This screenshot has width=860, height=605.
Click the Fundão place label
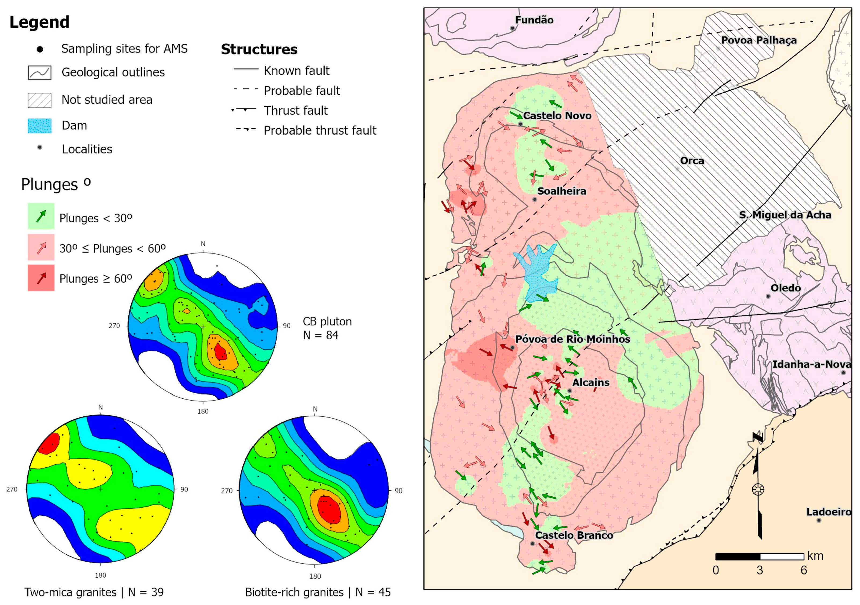(x=534, y=20)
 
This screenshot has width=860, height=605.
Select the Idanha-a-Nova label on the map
(x=811, y=364)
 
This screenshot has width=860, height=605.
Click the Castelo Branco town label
(x=574, y=535)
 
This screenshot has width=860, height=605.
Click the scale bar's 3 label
(x=760, y=570)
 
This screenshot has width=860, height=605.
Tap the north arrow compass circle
(x=758, y=489)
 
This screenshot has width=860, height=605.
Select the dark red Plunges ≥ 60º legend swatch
(x=41, y=278)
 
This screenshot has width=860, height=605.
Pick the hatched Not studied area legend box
(x=40, y=100)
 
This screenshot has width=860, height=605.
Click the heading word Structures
(x=259, y=49)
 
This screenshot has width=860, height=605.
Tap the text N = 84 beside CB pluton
(x=321, y=335)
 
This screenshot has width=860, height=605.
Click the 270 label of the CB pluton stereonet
(x=114, y=326)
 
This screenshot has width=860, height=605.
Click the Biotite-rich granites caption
(x=294, y=592)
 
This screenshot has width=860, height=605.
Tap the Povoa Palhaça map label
(x=759, y=40)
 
